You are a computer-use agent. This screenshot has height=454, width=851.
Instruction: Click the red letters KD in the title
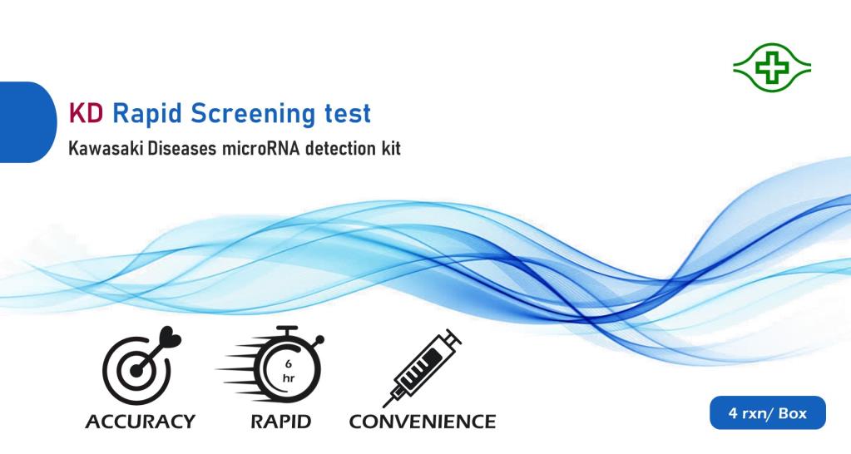[x=85, y=113]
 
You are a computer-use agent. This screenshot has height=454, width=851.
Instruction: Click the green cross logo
[x=772, y=68]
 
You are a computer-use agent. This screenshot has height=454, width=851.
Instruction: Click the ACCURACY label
[x=140, y=422]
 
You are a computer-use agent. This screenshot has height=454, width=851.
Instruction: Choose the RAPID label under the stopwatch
[x=280, y=422]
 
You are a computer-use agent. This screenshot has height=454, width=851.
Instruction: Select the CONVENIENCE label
[x=423, y=422]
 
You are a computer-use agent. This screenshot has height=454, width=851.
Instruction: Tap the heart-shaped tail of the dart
[x=170, y=338]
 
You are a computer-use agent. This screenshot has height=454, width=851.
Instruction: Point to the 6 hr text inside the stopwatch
[x=288, y=372]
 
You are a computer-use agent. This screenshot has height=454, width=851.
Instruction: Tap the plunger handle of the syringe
[x=451, y=338]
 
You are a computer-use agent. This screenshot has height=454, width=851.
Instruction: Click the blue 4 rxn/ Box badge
[x=768, y=412]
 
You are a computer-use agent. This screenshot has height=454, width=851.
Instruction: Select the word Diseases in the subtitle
[x=182, y=148]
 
